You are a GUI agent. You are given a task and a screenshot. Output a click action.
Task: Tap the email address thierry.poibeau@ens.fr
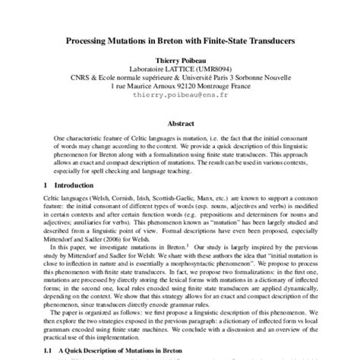pos(180,96)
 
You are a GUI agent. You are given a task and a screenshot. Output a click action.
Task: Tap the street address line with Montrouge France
pos(180,87)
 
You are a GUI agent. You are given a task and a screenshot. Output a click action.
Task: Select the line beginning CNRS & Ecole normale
pos(180,77)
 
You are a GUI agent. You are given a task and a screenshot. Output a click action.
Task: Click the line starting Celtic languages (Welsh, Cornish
pos(180,198)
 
